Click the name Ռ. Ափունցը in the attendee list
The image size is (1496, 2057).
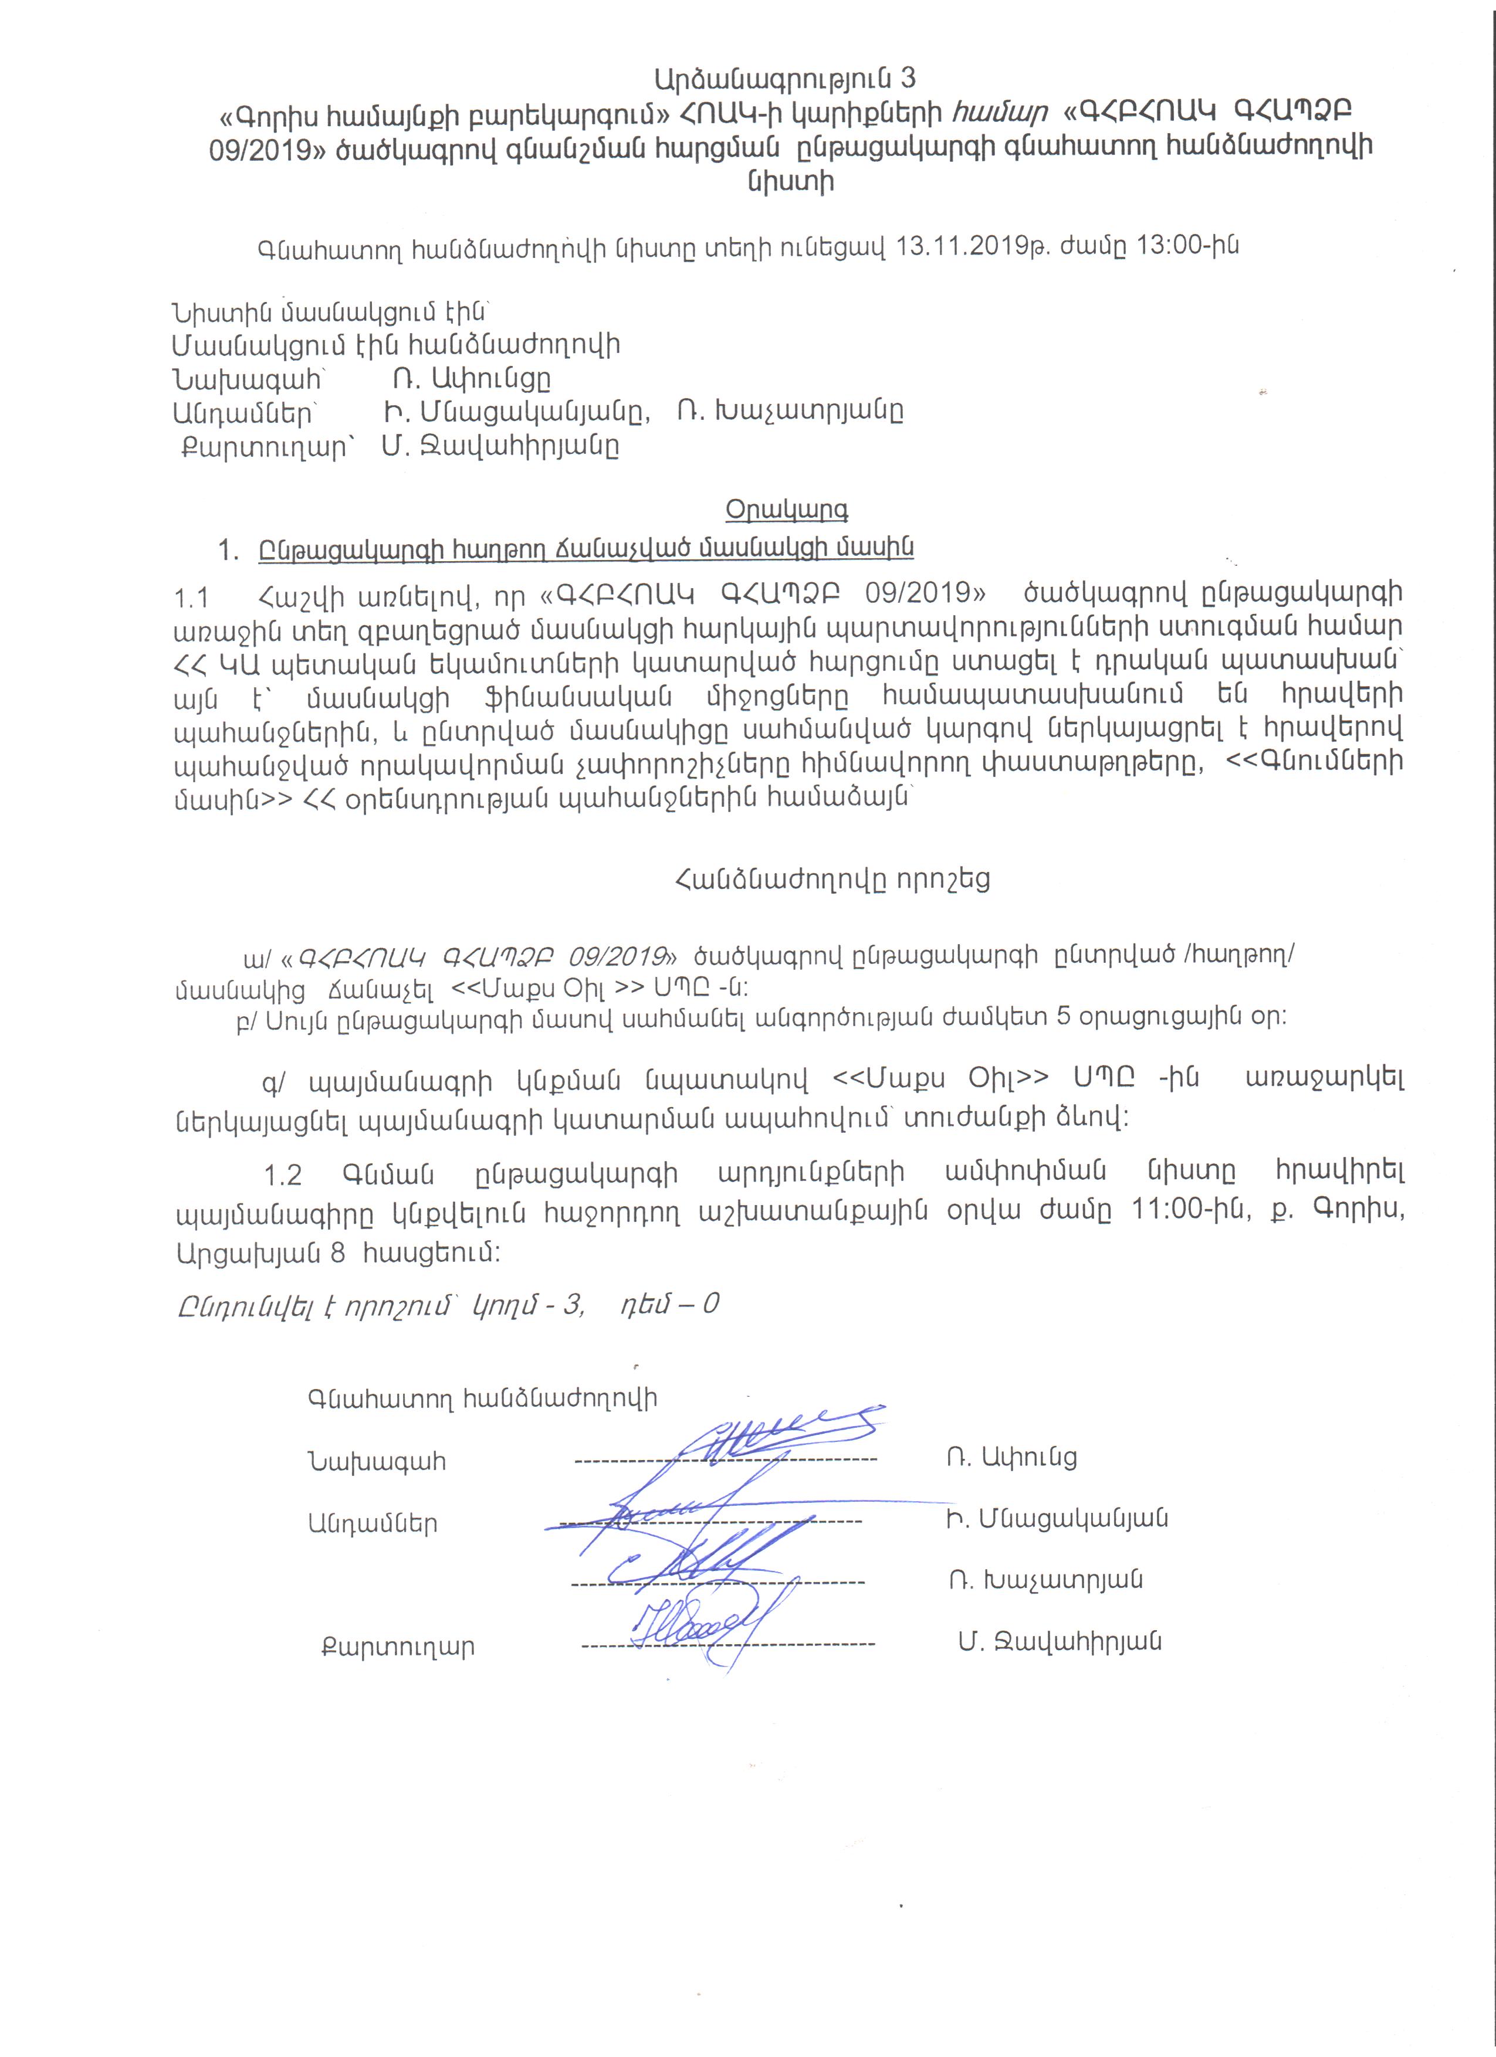tap(472, 378)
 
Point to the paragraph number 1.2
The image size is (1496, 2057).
tap(282, 1176)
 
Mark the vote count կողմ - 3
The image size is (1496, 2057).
tap(527, 1304)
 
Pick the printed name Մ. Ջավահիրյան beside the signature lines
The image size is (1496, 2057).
tap(1060, 1642)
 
